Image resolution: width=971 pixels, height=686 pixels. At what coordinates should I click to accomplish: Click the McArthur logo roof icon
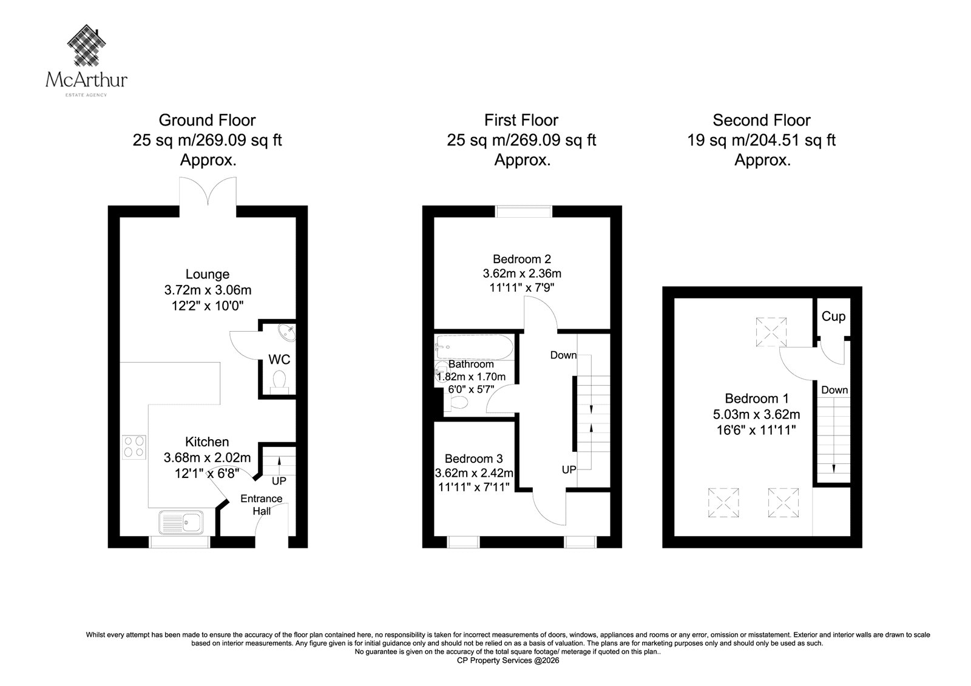pos(87,45)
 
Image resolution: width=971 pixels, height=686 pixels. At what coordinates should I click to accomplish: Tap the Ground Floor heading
pos(207,120)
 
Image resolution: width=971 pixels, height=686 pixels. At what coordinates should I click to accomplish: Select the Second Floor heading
pos(762,120)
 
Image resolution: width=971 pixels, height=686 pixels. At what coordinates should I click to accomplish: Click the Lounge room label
pos(208,274)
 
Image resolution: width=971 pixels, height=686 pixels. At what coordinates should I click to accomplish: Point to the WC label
pos(279,359)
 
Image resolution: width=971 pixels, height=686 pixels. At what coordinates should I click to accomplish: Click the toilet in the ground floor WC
pos(279,382)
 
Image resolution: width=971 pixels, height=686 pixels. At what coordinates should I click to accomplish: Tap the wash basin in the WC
pos(286,333)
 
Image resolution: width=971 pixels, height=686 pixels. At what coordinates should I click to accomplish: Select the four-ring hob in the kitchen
pos(134,447)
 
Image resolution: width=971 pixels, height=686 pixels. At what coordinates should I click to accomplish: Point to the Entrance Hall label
pos(262,505)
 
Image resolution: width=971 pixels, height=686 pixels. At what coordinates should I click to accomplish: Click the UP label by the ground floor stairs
pos(279,481)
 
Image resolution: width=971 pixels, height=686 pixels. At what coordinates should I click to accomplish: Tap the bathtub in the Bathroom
pos(475,347)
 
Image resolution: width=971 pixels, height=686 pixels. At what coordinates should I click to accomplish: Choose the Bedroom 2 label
pos(522,259)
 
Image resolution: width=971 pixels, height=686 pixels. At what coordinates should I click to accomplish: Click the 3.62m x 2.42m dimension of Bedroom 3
pos(474,472)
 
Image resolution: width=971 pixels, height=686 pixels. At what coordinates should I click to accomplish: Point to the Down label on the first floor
pos(564,355)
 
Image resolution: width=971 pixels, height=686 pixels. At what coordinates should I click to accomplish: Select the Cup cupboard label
pos(833,317)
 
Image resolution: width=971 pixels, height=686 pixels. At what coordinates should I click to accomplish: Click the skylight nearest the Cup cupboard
pos(771,332)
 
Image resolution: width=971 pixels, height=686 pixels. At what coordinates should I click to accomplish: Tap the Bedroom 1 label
pos(756,398)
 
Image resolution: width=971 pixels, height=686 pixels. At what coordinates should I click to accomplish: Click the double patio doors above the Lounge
pos(208,191)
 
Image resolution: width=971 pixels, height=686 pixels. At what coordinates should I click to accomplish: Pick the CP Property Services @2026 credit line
pos(508,661)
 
